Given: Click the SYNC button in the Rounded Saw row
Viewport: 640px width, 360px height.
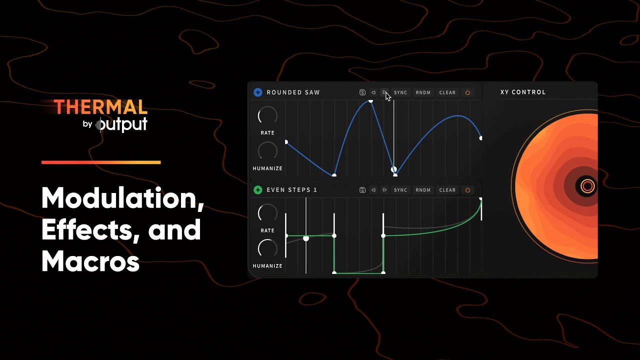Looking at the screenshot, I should (400, 92).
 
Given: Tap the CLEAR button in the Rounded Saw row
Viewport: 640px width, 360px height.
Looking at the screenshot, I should (447, 92).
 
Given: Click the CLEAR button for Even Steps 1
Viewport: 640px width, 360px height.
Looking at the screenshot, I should (447, 190).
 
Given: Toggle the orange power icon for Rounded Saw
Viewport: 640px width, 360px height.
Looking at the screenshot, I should (468, 92).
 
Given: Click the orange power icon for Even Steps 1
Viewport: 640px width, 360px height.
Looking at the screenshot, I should (468, 190).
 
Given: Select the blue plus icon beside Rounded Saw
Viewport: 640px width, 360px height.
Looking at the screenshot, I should (258, 92).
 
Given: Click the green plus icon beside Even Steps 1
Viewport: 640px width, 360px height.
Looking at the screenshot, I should (258, 190).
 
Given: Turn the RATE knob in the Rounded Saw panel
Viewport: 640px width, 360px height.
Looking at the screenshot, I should (267, 116).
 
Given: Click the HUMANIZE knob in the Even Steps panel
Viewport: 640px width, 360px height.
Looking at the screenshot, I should (267, 248).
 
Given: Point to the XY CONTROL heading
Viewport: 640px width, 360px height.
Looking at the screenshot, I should (523, 92).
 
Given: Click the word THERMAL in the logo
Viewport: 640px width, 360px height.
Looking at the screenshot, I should (100, 107).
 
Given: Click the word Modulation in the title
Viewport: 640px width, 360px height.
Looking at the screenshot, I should (122, 198).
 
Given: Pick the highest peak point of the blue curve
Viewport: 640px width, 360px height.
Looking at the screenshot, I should (370, 100).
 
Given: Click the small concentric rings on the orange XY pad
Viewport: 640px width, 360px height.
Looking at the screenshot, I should (587, 186).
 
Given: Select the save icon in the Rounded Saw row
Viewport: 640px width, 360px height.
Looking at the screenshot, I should (362, 92).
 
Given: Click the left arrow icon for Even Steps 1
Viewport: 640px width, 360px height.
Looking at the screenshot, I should (373, 190).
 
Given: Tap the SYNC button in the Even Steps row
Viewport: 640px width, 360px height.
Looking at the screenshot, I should (400, 190).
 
